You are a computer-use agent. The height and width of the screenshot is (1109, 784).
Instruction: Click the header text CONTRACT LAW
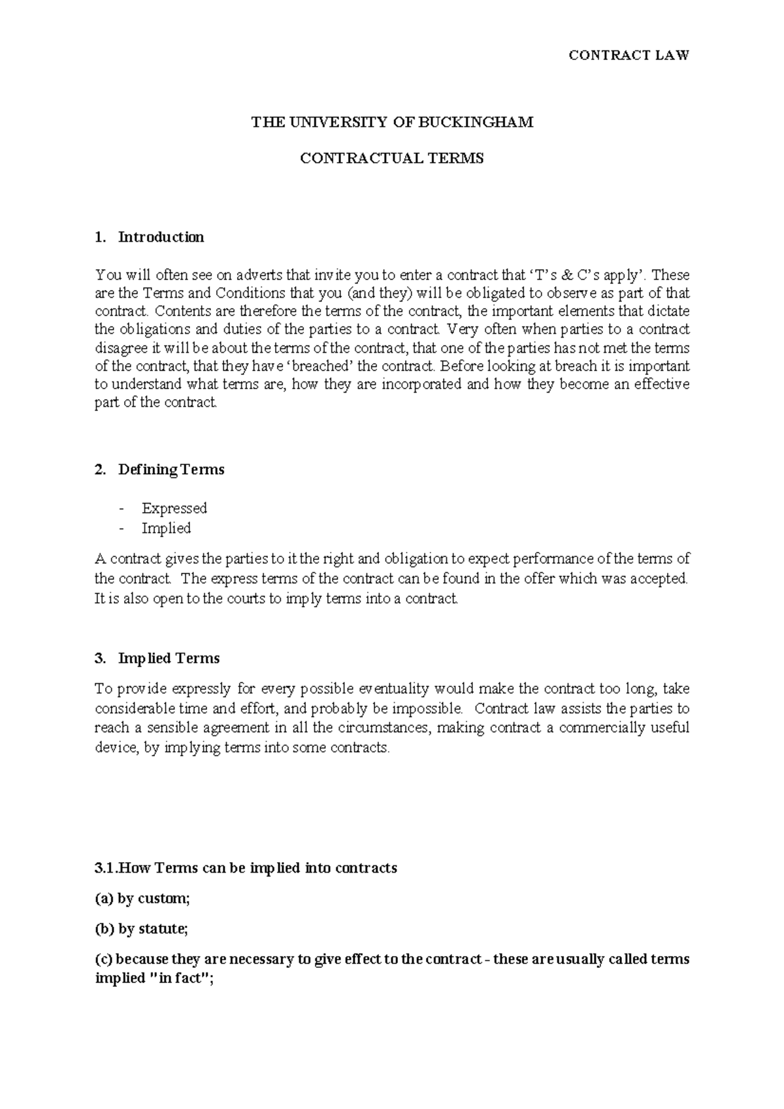coord(629,56)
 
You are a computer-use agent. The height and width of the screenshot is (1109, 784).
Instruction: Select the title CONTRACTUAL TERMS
coord(391,159)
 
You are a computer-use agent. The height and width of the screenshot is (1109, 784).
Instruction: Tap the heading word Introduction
coord(161,237)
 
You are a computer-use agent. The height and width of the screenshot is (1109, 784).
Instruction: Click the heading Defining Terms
coord(171,470)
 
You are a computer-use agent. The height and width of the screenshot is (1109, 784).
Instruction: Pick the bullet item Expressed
coord(174,508)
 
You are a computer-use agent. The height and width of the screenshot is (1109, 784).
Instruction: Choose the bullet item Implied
coord(166,528)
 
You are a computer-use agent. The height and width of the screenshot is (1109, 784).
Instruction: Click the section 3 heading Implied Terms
coord(169,658)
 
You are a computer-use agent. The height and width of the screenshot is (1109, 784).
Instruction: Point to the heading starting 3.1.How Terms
coord(246,868)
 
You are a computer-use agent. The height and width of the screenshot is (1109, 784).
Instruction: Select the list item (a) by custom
coord(142,899)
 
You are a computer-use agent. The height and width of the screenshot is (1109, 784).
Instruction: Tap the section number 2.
coord(100,470)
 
